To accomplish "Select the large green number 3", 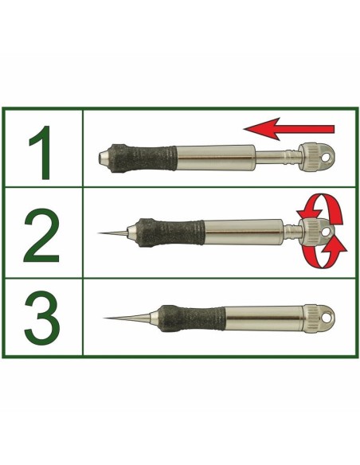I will pyautogui.click(x=41, y=317).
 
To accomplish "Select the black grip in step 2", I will pyautogui.click(x=170, y=232).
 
